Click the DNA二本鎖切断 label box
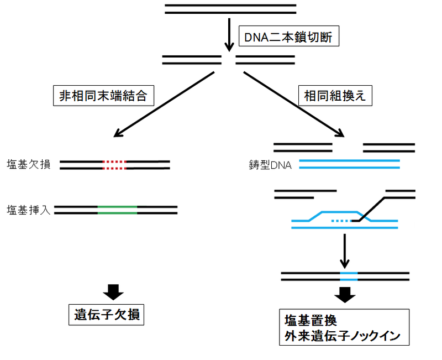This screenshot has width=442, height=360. (x=287, y=38)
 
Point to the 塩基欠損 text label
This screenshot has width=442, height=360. (x=29, y=164)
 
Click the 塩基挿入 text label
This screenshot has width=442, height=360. (x=29, y=210)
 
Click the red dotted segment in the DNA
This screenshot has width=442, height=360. (x=114, y=164)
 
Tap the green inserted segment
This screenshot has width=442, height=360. (x=117, y=210)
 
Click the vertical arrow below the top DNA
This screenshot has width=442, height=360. (x=228, y=33)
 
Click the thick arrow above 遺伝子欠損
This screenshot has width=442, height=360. (x=114, y=291)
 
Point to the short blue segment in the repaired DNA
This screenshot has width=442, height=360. (x=349, y=276)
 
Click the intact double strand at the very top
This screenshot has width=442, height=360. (x=230, y=8)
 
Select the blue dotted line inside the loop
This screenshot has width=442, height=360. (x=341, y=221)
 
